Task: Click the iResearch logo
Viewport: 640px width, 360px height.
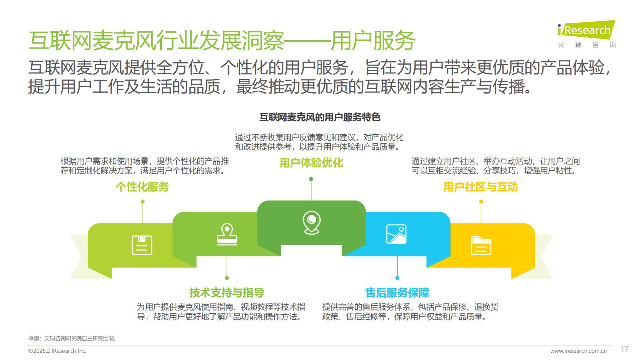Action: tap(587, 34)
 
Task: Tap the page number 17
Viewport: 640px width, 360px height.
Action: tap(625, 349)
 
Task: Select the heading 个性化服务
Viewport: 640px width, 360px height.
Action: tap(142, 187)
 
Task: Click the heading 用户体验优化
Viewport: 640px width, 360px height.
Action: tap(311, 163)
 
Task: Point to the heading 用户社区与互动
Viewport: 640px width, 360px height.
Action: tap(480, 187)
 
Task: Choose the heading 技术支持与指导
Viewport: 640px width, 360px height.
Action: tap(227, 293)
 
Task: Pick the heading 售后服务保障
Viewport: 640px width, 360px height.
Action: tap(397, 293)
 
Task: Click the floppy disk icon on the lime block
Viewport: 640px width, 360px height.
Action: tap(142, 245)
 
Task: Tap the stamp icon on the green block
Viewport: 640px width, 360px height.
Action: tap(227, 234)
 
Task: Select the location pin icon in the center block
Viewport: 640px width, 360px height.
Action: tap(312, 222)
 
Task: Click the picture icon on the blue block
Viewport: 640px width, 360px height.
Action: tap(396, 234)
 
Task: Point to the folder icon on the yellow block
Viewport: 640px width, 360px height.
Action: tap(481, 246)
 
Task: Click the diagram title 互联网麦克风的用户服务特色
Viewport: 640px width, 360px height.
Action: tap(320, 117)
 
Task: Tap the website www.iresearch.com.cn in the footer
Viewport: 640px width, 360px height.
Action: tap(578, 351)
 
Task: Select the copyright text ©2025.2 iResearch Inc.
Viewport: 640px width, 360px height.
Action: tap(57, 351)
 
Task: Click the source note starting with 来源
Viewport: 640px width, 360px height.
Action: tap(72, 338)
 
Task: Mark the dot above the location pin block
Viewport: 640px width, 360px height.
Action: tap(311, 179)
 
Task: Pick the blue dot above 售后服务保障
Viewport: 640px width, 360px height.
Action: tap(397, 278)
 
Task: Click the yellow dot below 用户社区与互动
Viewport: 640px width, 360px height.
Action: tap(481, 202)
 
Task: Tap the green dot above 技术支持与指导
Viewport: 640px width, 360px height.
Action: tap(227, 278)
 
